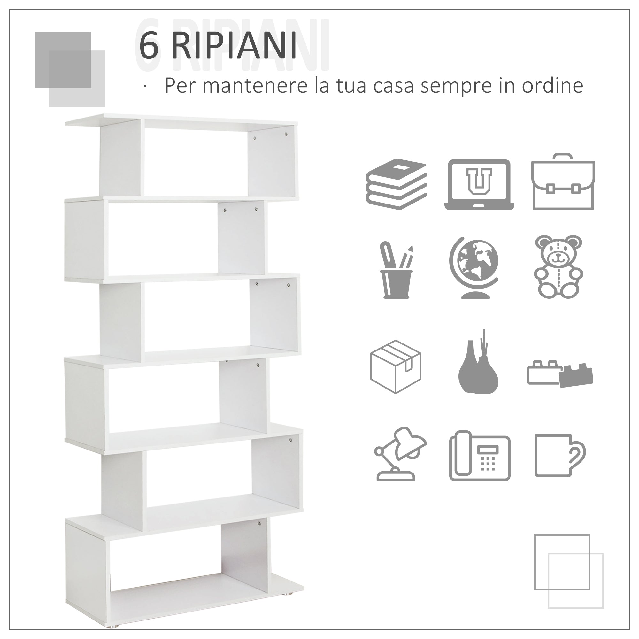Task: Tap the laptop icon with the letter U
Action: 479,185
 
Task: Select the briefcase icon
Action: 563,182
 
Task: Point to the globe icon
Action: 473,268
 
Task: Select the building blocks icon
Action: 560,374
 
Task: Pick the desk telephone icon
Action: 480,456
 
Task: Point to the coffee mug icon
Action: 559,456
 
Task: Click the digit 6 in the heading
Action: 149,46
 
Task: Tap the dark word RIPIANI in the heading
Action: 234,46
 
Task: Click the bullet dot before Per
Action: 144,86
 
